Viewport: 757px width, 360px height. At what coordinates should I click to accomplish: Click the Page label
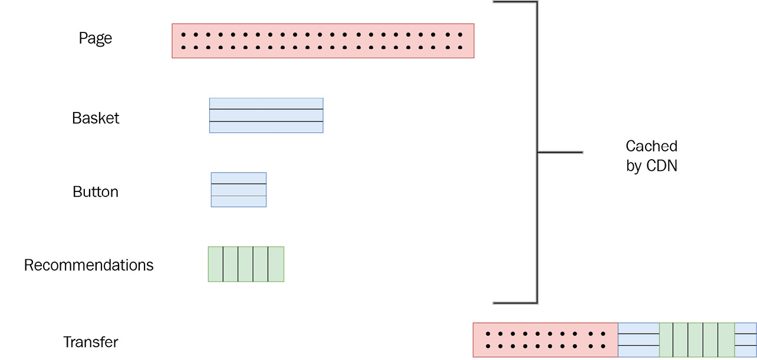96,38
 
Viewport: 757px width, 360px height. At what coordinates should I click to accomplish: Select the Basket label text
96,118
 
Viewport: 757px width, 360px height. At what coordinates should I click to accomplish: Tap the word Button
96,192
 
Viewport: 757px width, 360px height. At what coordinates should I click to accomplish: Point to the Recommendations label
88,265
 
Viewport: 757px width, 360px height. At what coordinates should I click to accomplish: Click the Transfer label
91,342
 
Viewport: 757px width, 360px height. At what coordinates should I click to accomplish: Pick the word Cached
651,146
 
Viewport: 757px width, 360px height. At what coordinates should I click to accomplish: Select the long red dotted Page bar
322,41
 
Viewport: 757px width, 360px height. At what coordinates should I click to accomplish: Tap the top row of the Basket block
266,104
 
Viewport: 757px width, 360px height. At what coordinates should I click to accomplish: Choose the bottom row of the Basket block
266,127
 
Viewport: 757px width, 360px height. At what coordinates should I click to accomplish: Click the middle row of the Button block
239,190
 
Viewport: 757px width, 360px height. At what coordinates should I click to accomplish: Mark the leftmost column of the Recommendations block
216,264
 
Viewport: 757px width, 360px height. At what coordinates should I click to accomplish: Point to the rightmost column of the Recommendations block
276,264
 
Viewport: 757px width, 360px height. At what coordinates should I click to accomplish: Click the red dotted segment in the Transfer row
545,340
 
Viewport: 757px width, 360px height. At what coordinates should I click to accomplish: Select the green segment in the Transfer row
696,340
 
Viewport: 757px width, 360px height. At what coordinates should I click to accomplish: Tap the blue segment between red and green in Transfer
638,340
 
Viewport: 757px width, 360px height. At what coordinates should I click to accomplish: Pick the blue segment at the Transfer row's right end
745,340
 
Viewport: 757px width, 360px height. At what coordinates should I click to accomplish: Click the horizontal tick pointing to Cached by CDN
560,153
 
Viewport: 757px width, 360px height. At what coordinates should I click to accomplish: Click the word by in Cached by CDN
633,166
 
